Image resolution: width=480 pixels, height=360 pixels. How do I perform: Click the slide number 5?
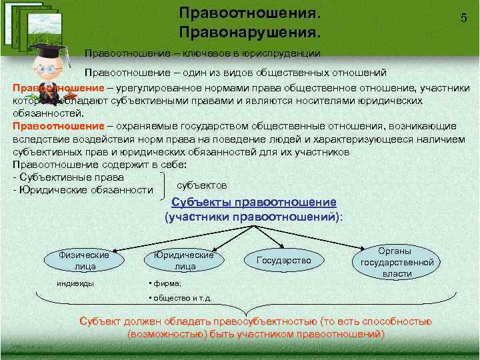tap(463, 19)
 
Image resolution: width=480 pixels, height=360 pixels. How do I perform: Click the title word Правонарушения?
tap(249, 32)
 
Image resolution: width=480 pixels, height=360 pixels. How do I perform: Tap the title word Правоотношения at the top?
tap(249, 13)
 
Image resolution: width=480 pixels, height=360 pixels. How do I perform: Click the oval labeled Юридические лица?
tap(184, 261)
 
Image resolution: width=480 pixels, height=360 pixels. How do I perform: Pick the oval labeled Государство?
tap(283, 260)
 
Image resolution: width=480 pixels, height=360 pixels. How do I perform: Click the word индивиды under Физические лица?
tap(75, 283)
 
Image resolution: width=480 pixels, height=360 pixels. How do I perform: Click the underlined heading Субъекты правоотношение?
tap(254, 203)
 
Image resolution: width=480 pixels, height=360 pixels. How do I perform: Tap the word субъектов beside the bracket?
tap(202, 185)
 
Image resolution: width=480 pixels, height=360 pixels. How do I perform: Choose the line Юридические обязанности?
tap(83, 191)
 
